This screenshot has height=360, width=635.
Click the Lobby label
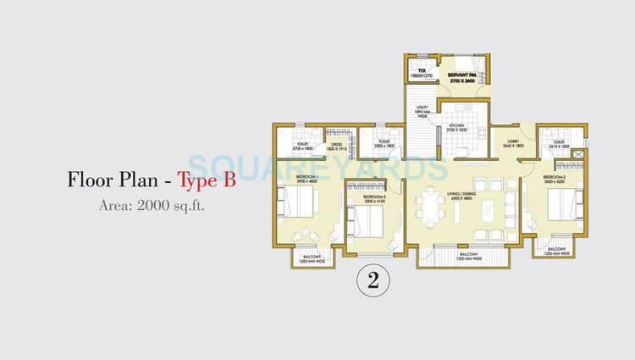coord(512,144)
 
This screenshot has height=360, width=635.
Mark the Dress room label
coord(336,147)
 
